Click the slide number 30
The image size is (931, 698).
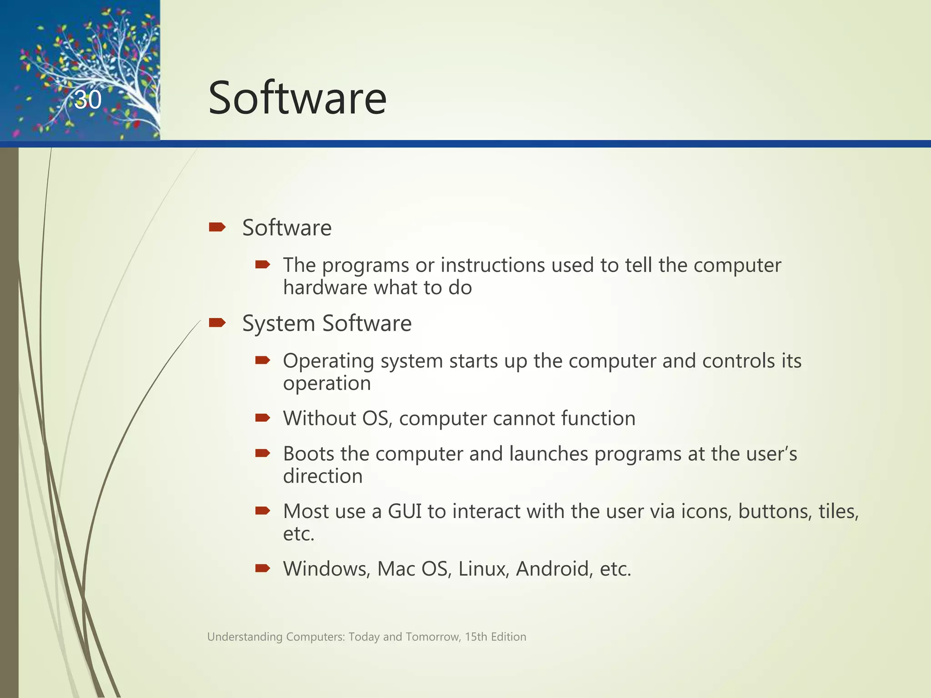click(x=88, y=100)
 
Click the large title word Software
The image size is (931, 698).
click(x=297, y=98)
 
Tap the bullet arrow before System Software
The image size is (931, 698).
click(x=217, y=323)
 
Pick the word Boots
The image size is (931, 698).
click(x=308, y=454)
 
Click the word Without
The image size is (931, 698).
click(x=319, y=418)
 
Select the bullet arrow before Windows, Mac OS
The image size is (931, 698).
click(x=263, y=568)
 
